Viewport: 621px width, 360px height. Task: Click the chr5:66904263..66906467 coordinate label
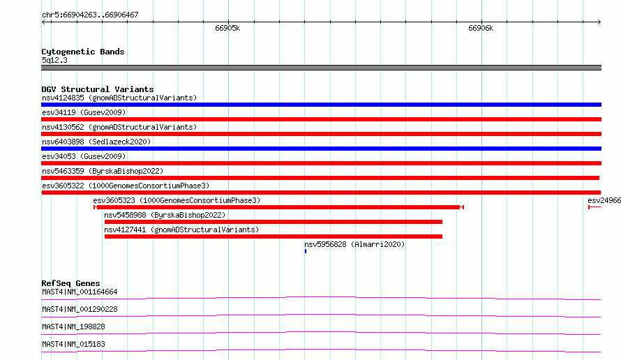tap(90, 15)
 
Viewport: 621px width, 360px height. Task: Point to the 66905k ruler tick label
tap(227, 28)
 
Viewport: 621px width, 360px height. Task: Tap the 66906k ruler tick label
tap(481, 28)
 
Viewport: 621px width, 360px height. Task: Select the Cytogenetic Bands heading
tap(83, 52)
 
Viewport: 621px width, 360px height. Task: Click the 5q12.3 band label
tap(54, 60)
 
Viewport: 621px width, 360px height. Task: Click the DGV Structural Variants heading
tap(98, 89)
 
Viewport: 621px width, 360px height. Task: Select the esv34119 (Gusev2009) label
tap(84, 112)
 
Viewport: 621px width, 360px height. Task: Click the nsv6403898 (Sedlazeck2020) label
tap(96, 142)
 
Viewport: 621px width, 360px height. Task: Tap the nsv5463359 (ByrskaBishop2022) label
tap(103, 171)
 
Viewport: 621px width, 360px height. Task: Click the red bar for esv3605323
tap(278, 207)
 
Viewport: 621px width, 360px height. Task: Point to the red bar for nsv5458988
tap(274, 222)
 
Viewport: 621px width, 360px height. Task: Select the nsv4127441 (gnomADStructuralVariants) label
tap(181, 230)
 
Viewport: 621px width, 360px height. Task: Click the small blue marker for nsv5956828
tap(306, 251)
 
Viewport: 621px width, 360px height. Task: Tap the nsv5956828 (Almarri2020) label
tap(354, 244)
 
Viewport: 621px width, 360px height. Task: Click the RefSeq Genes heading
tap(70, 283)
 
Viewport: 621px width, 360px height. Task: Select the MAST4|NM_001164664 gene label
tap(80, 292)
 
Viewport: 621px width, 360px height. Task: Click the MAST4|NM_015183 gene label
tap(73, 344)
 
